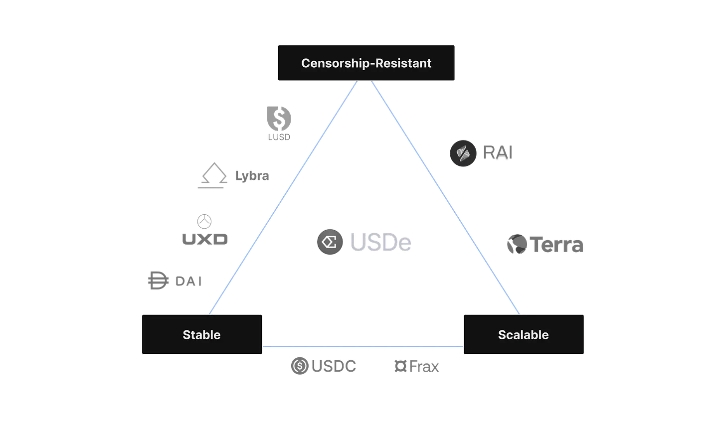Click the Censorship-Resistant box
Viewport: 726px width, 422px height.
pyautogui.click(x=366, y=63)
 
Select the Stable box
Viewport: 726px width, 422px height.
pyautogui.click(x=201, y=334)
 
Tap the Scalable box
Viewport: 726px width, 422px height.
pyautogui.click(x=524, y=334)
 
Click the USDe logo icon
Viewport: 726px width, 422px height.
pyautogui.click(x=329, y=242)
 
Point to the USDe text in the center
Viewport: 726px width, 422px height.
pyautogui.click(x=381, y=243)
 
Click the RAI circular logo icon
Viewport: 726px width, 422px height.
pyautogui.click(x=464, y=153)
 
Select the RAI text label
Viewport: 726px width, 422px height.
pyautogui.click(x=498, y=153)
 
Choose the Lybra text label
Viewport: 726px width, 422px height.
pyautogui.click(x=252, y=176)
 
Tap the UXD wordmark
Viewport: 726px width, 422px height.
pyautogui.click(x=204, y=239)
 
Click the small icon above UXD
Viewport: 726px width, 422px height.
pyautogui.click(x=204, y=220)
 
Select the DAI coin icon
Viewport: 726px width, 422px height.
pyautogui.click(x=156, y=280)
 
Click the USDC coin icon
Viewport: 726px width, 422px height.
pyautogui.click(x=299, y=366)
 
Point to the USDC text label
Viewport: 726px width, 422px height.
pyautogui.click(x=334, y=367)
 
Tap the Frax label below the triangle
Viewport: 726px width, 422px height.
pyautogui.click(x=417, y=367)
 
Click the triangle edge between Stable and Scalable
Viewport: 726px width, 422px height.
pyautogui.click(x=363, y=345)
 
